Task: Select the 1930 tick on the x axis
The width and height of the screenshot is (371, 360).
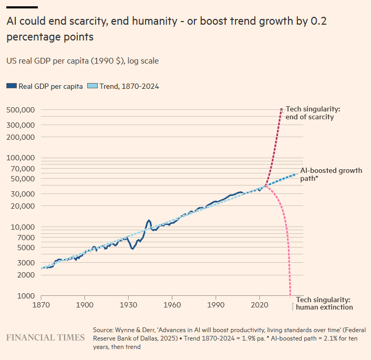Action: click(128, 304)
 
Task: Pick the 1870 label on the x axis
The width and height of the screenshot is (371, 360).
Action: click(41, 304)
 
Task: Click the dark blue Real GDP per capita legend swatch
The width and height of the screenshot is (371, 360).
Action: click(11, 87)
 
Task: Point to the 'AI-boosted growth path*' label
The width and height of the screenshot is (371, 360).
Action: click(331, 174)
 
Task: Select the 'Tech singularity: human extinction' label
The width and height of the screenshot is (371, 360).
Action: click(324, 303)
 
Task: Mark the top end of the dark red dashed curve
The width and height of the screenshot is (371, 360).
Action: click(282, 109)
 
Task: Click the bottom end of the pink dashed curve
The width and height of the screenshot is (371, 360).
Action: click(291, 295)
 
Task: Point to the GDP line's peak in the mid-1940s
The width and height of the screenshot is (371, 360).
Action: click(149, 220)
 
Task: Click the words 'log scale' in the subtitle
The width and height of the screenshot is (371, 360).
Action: click(142, 61)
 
